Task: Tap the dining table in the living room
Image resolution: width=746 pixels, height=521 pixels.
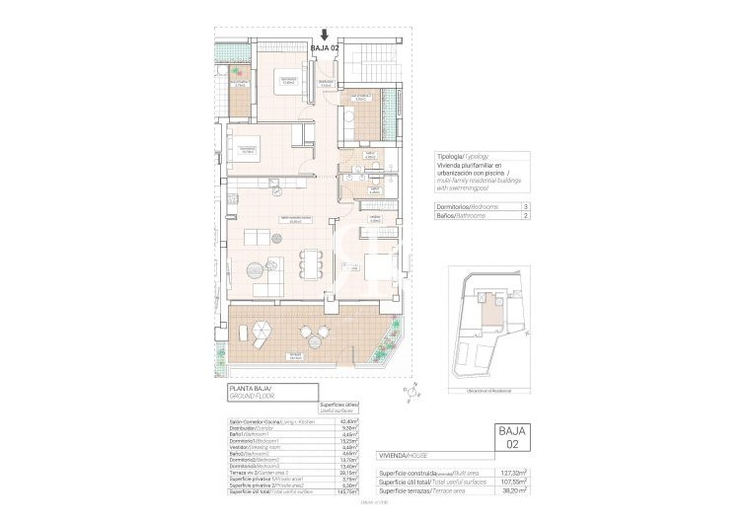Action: (x=313, y=263)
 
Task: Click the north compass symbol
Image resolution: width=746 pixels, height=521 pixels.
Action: (x=409, y=393)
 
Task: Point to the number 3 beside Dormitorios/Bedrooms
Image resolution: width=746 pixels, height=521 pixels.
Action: (x=526, y=206)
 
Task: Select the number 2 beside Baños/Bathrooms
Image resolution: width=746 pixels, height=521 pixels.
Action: (x=526, y=215)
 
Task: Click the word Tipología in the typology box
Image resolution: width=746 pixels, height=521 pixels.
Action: (x=451, y=157)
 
